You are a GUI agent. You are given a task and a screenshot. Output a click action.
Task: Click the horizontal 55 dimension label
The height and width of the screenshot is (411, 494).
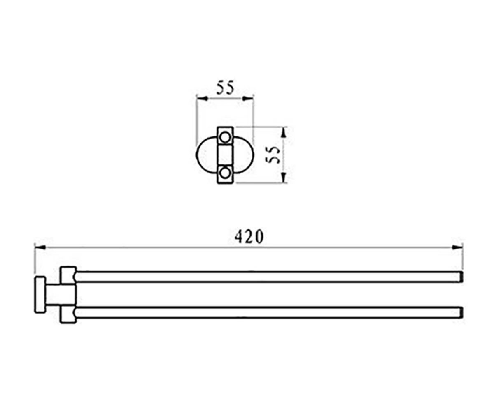225,88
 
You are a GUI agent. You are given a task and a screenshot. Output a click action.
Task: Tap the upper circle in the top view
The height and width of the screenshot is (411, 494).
225,137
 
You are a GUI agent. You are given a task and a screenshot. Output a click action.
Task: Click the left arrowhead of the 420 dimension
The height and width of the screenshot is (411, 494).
40,247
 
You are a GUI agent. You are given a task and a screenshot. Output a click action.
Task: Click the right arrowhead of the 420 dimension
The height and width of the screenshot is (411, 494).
457,247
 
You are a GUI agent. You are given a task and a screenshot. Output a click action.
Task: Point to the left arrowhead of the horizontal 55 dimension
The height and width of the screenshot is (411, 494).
202,99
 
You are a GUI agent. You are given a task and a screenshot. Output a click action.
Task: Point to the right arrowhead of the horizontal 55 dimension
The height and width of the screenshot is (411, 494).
248,99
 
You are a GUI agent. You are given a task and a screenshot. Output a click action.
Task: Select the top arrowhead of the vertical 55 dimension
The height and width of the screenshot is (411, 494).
284,132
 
